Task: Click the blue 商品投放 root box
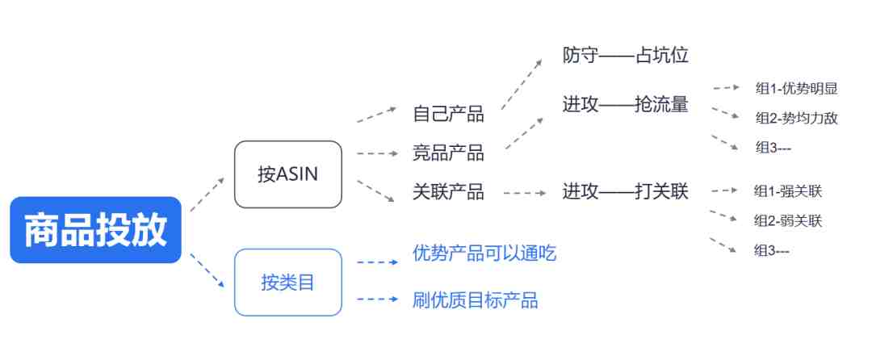(x=95, y=229)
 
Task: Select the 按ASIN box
(x=288, y=174)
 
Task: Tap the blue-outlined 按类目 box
(x=288, y=283)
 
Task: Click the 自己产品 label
(x=448, y=113)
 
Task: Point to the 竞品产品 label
(x=448, y=153)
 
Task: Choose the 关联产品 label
(x=448, y=191)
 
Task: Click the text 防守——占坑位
(x=625, y=55)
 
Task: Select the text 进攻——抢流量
(x=625, y=104)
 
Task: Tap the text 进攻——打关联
(x=625, y=191)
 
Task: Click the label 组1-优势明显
(x=796, y=88)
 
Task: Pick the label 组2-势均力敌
(x=796, y=118)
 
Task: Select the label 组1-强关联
(x=788, y=191)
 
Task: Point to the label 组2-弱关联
(x=788, y=220)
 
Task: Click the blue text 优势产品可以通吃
(x=484, y=253)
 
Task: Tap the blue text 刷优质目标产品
(x=476, y=300)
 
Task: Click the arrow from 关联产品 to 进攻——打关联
(x=525, y=194)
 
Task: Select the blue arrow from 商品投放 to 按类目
(x=208, y=270)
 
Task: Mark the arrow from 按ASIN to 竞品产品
(x=378, y=153)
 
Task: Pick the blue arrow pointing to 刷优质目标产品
(x=378, y=299)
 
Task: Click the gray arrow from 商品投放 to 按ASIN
(x=208, y=195)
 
